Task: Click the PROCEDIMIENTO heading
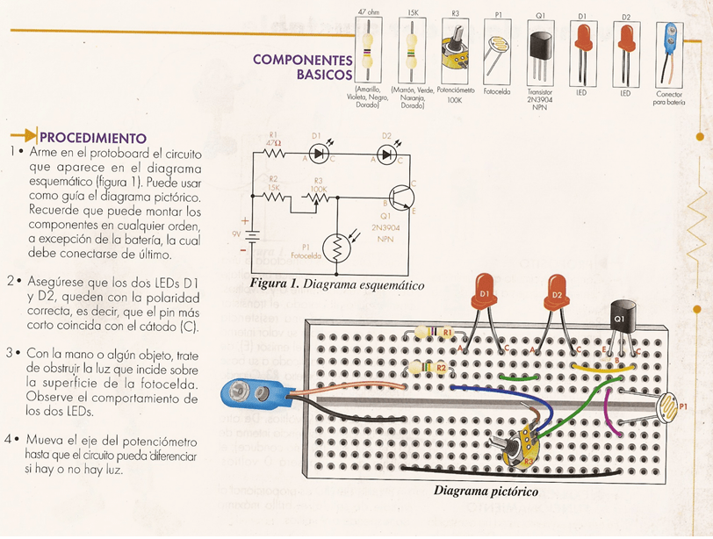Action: tap(92, 137)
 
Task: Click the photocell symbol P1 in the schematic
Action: tap(335, 249)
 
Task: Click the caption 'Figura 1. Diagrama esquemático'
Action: tap(337, 285)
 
